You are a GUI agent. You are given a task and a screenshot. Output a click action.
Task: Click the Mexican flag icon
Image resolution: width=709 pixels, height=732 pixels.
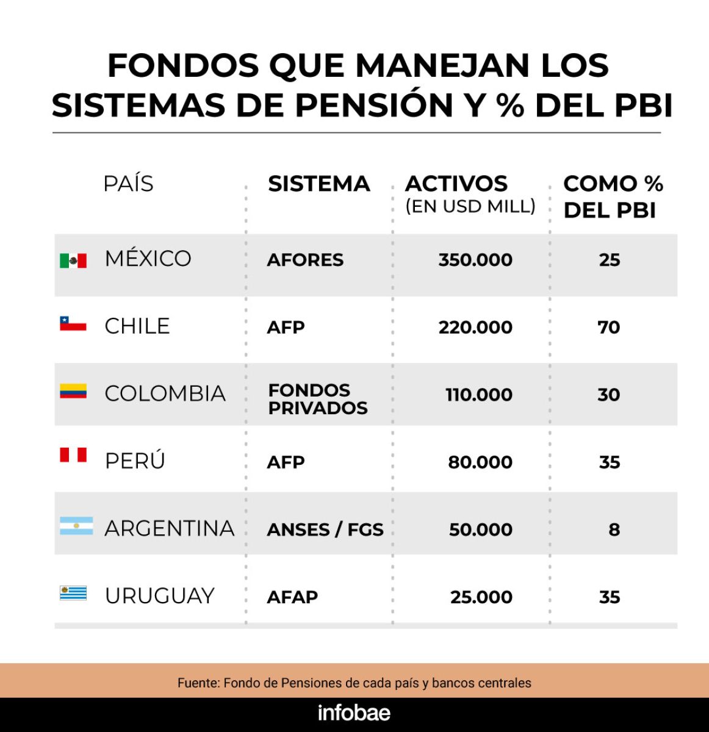click(x=73, y=260)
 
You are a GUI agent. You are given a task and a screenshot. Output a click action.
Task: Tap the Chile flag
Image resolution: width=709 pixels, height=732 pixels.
click(x=73, y=323)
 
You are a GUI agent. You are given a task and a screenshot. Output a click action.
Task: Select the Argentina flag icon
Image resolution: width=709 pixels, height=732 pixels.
click(x=76, y=526)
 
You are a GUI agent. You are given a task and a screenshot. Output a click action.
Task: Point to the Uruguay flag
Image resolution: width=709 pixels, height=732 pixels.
click(x=73, y=593)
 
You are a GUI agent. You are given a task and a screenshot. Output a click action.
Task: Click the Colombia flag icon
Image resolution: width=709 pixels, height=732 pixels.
click(x=73, y=391)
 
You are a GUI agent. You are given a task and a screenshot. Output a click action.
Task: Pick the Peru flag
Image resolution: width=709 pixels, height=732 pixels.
click(x=73, y=454)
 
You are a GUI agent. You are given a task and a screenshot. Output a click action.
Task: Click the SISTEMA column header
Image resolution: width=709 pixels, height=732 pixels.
click(x=319, y=184)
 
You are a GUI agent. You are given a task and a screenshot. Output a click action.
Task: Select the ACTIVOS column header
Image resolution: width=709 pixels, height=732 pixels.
click(x=456, y=184)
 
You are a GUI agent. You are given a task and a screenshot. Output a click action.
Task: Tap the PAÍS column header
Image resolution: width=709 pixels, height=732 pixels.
click(x=128, y=184)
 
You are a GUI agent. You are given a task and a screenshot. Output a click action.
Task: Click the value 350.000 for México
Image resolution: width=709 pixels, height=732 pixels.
click(x=475, y=260)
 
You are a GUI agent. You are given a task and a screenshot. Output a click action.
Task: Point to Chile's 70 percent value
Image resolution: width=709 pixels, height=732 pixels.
click(x=609, y=328)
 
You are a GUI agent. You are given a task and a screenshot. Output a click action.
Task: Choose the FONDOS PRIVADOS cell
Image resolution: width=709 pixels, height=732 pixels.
click(x=318, y=399)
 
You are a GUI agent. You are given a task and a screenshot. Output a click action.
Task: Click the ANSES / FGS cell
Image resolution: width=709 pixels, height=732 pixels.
click(x=325, y=529)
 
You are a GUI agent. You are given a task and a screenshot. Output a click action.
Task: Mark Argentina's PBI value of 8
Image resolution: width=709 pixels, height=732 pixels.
click(x=614, y=529)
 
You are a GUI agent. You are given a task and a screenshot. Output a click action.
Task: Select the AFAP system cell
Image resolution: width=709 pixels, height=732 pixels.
click(x=292, y=597)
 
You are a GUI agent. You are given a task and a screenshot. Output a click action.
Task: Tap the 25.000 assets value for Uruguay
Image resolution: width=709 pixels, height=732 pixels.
click(x=481, y=597)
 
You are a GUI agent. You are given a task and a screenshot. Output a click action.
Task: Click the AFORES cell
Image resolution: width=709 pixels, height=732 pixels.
click(x=305, y=260)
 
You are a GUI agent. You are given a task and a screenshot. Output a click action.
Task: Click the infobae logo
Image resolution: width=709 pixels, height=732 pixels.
click(x=354, y=712)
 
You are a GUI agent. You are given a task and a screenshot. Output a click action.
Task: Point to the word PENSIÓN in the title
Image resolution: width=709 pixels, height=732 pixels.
click(x=374, y=106)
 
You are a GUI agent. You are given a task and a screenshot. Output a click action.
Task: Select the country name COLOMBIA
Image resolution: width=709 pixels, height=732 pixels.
click(x=165, y=393)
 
